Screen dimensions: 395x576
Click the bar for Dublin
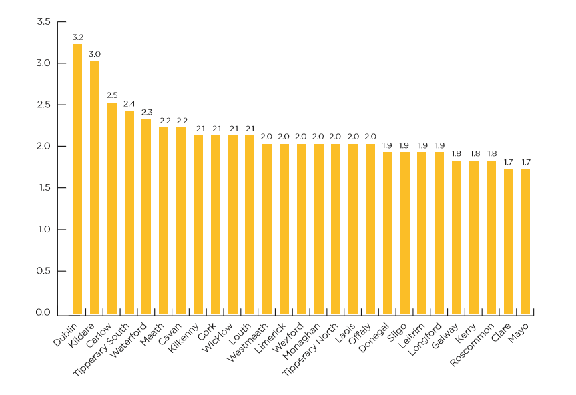77,179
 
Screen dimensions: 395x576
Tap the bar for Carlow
112,208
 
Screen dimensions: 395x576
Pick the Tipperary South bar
129,212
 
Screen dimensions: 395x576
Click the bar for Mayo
525,241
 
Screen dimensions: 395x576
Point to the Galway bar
457,237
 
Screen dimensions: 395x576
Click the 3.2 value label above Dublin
77,37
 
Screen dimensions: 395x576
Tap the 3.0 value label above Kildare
95,54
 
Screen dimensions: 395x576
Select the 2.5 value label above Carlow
112,95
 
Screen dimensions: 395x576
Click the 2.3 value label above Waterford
146,112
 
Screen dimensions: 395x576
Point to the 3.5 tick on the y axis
44,22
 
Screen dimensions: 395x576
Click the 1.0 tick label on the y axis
44,230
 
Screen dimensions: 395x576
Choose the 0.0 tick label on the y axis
44,312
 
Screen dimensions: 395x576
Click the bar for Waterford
146,216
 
